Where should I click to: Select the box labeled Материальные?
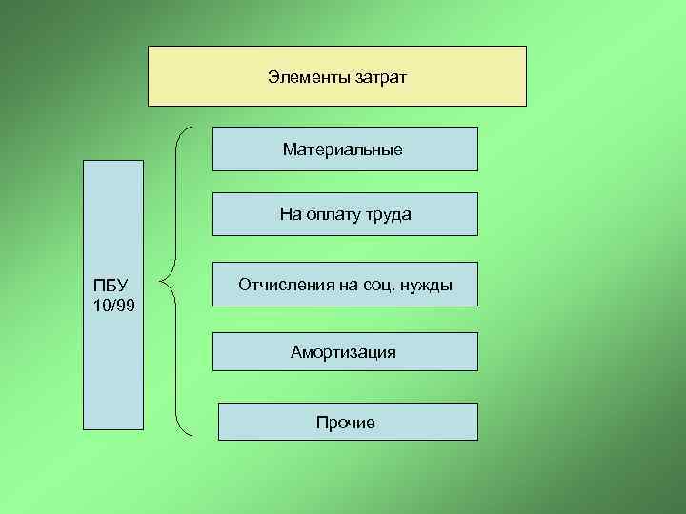[344, 149]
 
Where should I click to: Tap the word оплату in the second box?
[333, 214]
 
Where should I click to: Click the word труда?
[388, 214]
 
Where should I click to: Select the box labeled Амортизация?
[344, 352]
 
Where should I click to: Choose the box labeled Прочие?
[347, 422]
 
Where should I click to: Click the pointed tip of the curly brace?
[163, 282]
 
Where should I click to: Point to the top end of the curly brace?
[192, 128]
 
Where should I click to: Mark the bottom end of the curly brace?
[192, 436]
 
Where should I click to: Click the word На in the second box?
[290, 214]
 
